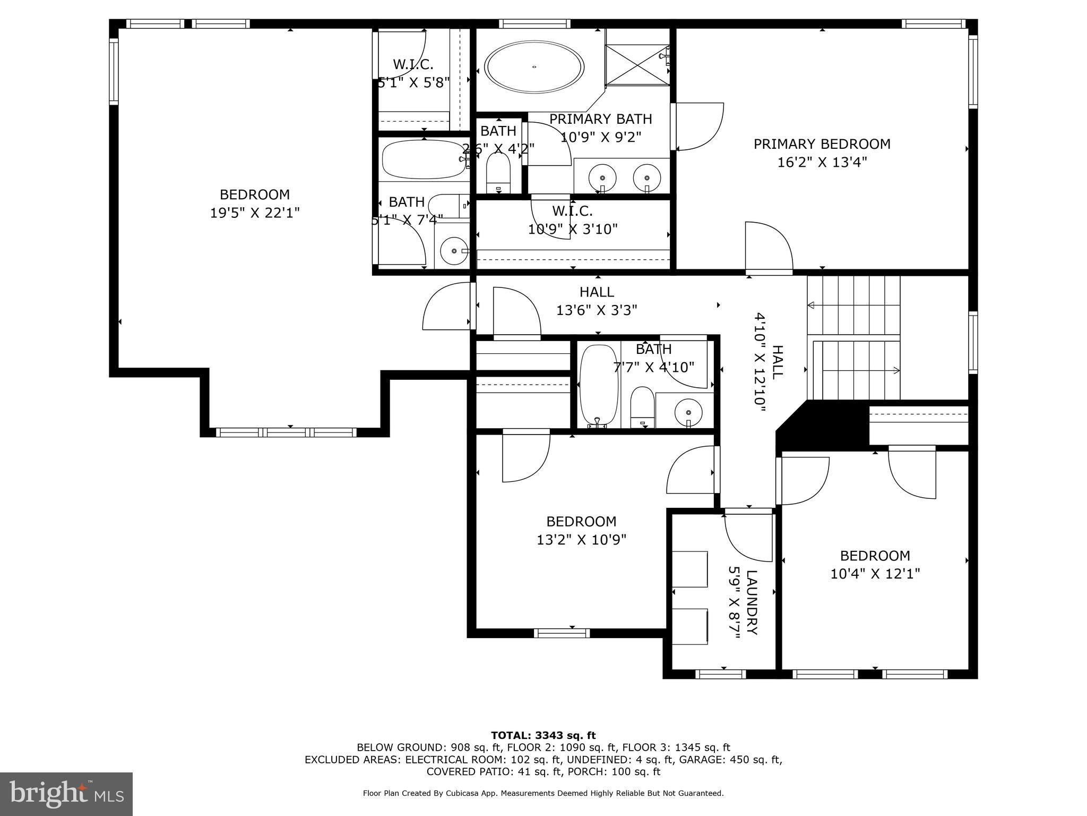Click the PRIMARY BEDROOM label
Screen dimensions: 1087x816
tap(822, 144)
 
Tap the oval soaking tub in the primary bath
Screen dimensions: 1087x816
tap(535, 67)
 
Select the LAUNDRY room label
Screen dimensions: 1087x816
tap(752, 602)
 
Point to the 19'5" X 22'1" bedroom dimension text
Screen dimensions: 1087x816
tap(255, 213)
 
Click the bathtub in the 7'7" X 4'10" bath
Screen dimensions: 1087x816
tap(599, 385)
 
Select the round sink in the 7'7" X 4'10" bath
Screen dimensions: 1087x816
tap(688, 411)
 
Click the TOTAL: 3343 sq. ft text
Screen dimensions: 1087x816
tap(543, 736)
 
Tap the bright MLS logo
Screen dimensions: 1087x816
tap(66, 794)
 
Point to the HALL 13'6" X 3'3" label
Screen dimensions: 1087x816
tap(597, 301)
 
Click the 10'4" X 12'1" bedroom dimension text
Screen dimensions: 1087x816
tap(875, 574)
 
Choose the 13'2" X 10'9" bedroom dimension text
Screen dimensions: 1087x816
tap(581, 540)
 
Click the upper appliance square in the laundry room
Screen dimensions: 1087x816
tap(690, 569)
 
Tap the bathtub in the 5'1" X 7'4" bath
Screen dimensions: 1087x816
tap(423, 159)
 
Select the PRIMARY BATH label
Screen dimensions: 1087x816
tap(600, 119)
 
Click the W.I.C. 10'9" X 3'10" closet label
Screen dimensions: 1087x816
tap(573, 220)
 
